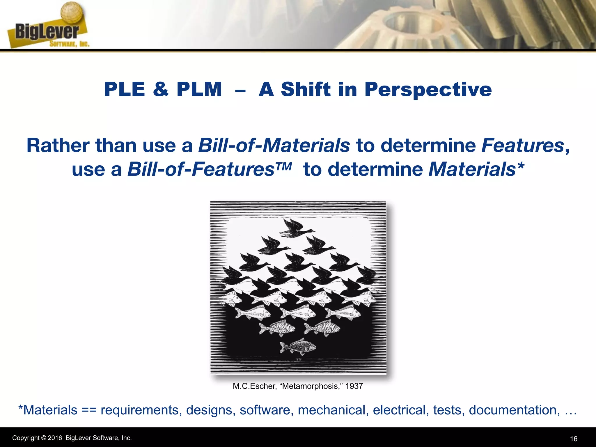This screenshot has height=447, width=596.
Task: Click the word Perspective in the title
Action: (x=428, y=89)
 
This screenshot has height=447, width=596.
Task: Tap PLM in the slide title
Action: (x=199, y=89)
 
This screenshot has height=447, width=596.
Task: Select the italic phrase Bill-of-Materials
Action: (x=274, y=145)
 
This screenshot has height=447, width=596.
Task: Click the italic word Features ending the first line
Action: (x=523, y=145)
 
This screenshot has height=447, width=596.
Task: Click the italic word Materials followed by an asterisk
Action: (x=472, y=169)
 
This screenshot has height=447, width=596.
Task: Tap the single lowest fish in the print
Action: (x=297, y=346)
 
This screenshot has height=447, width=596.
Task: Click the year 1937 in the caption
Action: (x=354, y=386)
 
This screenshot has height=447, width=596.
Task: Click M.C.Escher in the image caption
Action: (x=254, y=386)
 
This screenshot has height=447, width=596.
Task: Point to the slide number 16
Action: (x=574, y=439)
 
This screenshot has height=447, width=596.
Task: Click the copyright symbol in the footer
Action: (x=44, y=438)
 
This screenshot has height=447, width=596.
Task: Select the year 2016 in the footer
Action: (x=55, y=438)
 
